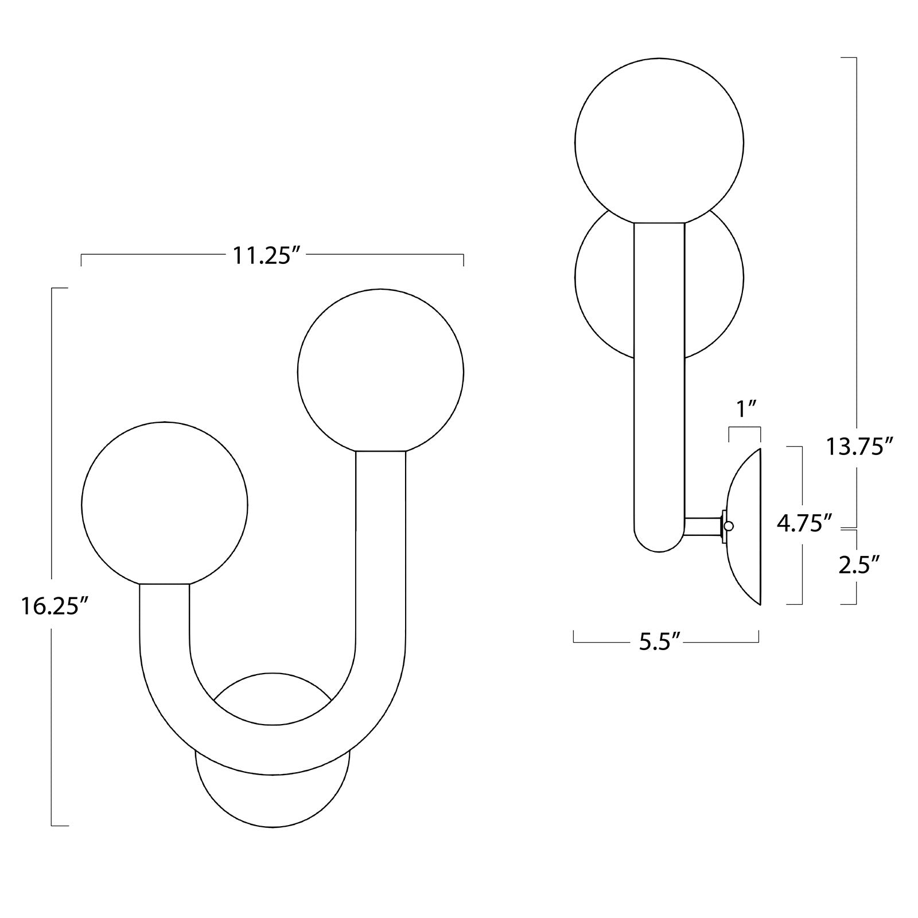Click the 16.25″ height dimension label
[x=55, y=606]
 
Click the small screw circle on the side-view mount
[x=729, y=526]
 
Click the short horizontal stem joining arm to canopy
[x=703, y=526]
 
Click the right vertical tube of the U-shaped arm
[x=380, y=545]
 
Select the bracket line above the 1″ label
[x=745, y=427]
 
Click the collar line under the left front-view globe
[x=165, y=584]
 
